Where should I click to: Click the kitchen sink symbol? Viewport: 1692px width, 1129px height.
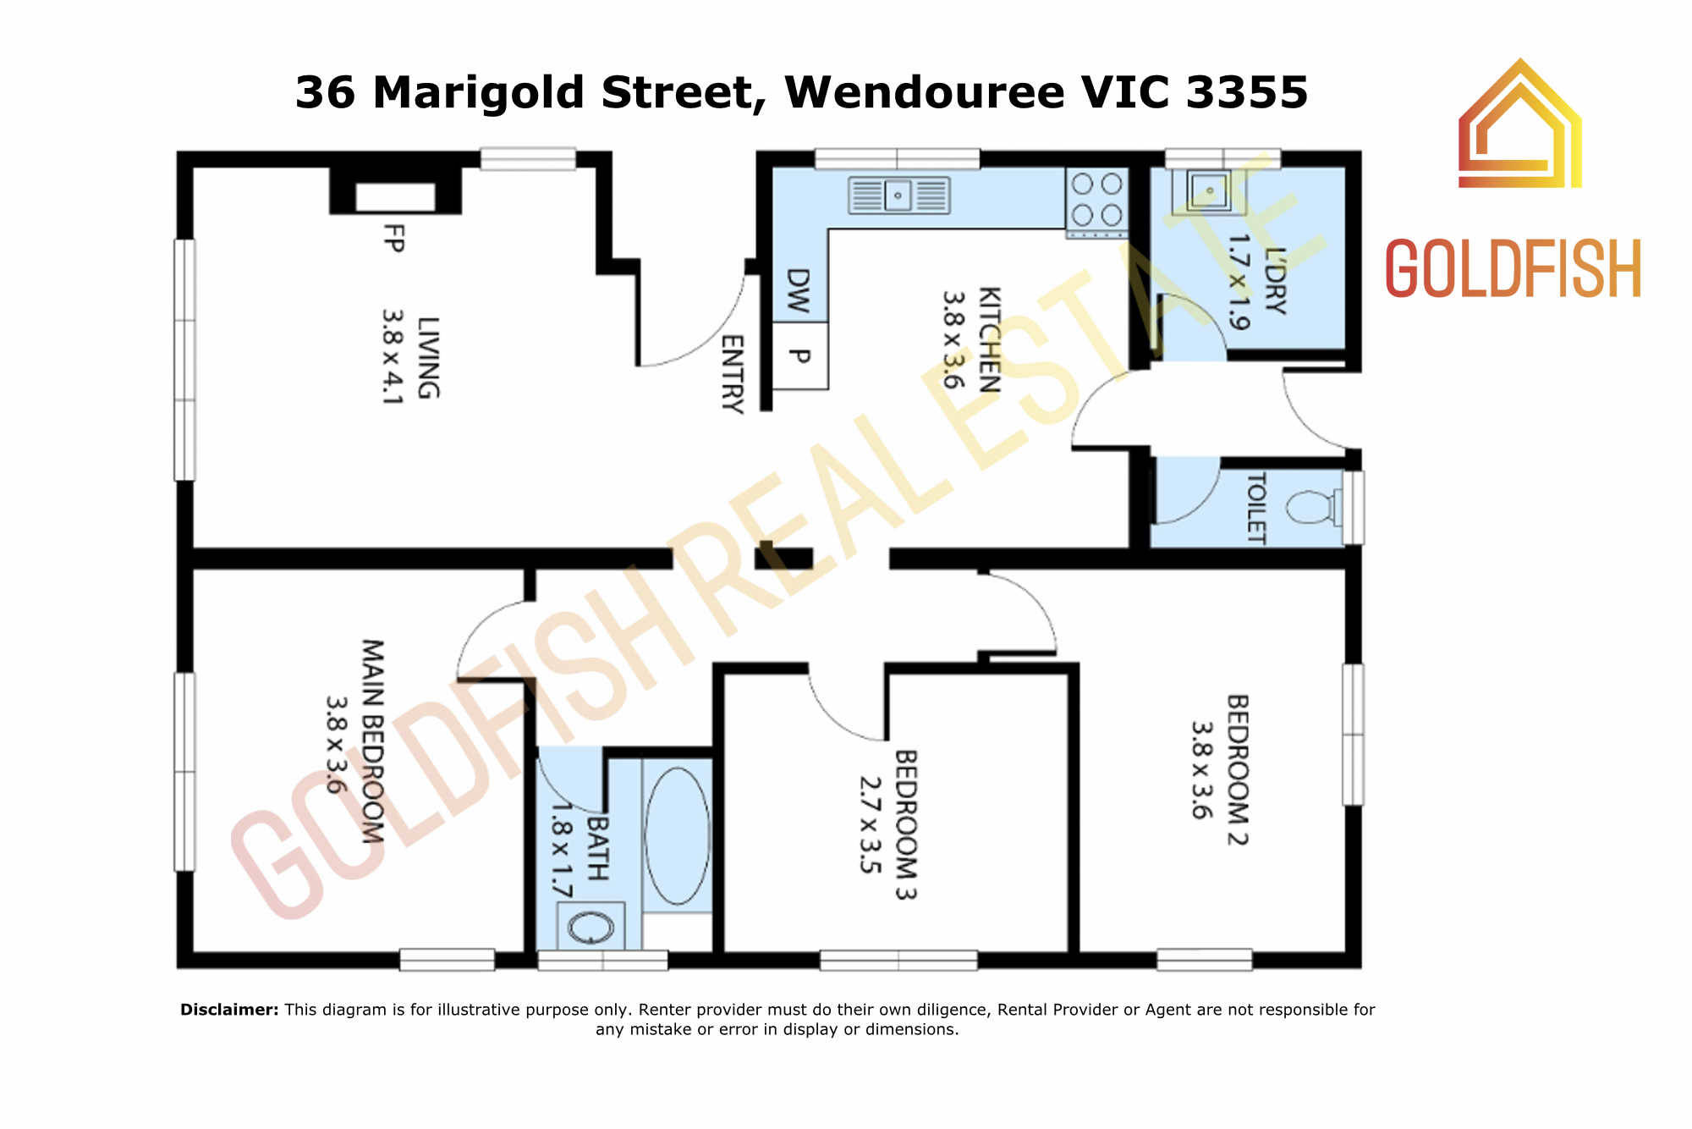coord(899,195)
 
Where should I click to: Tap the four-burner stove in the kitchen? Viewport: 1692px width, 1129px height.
coord(1096,201)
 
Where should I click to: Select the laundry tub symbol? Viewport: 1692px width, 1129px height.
coord(1209,190)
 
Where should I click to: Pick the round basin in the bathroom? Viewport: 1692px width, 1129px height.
coord(591,926)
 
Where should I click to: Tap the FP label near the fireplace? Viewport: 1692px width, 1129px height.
coord(393,238)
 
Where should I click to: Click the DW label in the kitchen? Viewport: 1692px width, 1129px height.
coord(798,290)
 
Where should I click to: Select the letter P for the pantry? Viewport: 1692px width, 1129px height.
coord(799,356)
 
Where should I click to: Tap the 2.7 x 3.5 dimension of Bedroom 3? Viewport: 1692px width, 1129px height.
coord(871,824)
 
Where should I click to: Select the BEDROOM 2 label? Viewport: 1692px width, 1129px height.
coord(1238,770)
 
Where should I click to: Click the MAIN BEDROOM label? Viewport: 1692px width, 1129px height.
coord(372,741)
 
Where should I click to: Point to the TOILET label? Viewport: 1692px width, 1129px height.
coord(1256,508)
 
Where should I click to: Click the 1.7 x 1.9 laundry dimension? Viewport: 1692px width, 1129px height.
coord(1238,281)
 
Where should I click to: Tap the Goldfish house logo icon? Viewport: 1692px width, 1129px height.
coord(1520,123)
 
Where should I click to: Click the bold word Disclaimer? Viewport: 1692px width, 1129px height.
coord(229,1009)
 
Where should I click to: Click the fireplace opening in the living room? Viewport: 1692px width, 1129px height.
coord(395,196)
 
